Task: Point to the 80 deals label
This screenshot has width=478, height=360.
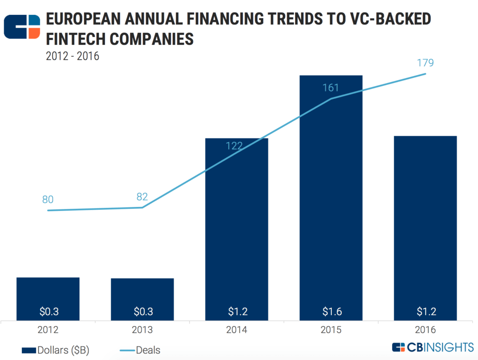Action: coord(48,200)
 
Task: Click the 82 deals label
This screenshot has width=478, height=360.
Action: coord(142,196)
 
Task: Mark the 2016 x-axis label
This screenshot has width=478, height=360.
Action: coord(425,330)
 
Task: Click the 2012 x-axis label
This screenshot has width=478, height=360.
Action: coord(48,330)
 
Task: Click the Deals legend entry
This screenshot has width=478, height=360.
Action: coord(140,349)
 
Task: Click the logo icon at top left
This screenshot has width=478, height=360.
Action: coord(22,27)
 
